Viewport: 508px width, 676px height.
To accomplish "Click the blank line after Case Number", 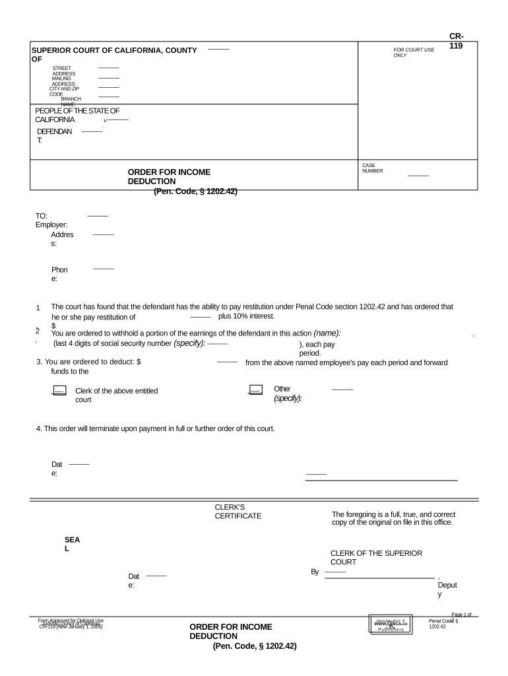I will (418, 176).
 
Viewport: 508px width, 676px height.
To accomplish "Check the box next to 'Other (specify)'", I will (256, 390).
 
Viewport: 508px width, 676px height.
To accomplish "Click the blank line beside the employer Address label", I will (103, 234).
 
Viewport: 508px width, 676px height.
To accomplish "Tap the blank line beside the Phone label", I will (103, 269).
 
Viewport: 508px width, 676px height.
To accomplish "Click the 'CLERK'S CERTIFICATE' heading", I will (238, 511).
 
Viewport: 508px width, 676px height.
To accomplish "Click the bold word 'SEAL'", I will (73, 544).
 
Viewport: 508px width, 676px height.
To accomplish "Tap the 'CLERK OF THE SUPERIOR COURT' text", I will (376, 557).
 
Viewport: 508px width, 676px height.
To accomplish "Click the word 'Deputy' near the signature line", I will (447, 590).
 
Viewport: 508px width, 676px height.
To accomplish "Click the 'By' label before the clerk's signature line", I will (315, 572).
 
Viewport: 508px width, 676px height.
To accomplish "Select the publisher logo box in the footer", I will (391, 624).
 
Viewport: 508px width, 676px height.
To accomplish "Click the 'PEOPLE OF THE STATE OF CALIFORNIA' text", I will (77, 116).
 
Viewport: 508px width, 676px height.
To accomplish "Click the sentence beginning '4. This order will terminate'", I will (155, 428).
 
